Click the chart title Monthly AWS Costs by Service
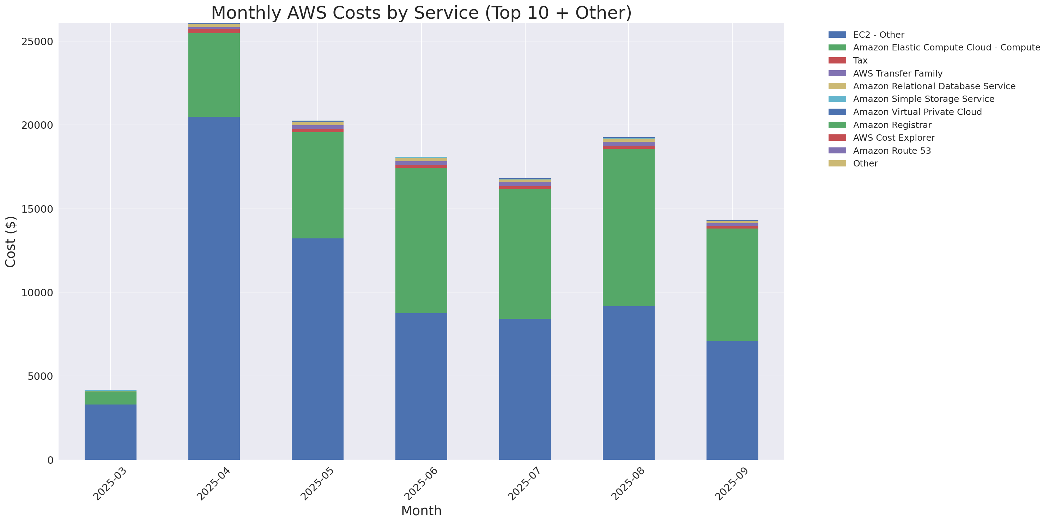click(421, 13)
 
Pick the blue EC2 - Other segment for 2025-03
click(110, 432)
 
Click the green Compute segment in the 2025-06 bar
click(421, 240)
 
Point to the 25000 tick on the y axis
click(37, 42)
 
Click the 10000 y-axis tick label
click(37, 293)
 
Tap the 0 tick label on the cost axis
click(50, 460)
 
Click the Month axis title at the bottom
click(421, 511)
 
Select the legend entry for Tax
click(860, 61)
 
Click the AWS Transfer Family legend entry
click(898, 74)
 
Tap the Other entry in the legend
click(865, 164)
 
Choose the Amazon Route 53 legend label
click(892, 151)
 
